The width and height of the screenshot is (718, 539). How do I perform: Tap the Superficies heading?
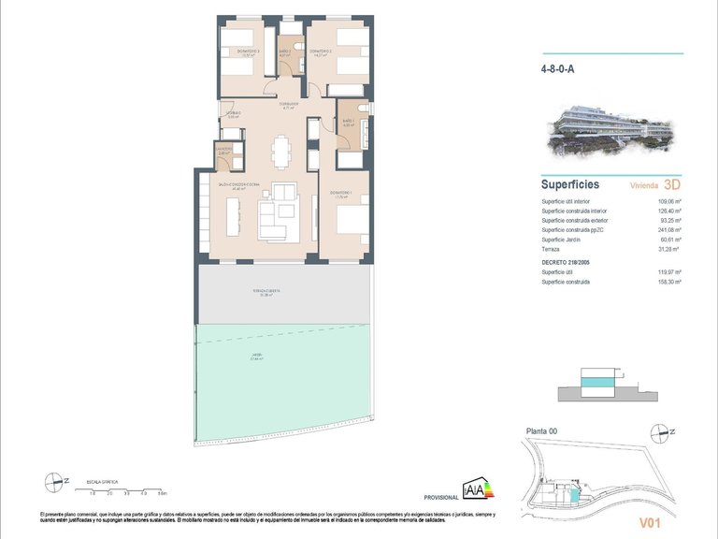569,184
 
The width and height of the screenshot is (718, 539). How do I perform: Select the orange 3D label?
670,184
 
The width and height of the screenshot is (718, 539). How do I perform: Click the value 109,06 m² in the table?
668,202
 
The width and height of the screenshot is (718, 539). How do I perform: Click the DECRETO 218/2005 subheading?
569,263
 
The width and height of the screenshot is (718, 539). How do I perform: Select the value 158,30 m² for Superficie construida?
668,282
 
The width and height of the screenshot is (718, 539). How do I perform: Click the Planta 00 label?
543,430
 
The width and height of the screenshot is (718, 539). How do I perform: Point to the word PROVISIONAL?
440,498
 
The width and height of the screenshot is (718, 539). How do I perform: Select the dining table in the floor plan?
280,150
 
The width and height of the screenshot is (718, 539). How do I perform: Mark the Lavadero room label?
223,150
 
